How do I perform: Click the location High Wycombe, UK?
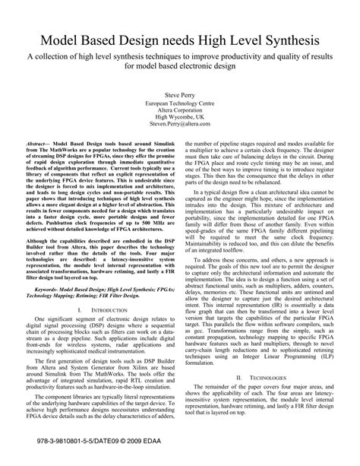pos(180,118)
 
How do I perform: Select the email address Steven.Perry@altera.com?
pos(180,126)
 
